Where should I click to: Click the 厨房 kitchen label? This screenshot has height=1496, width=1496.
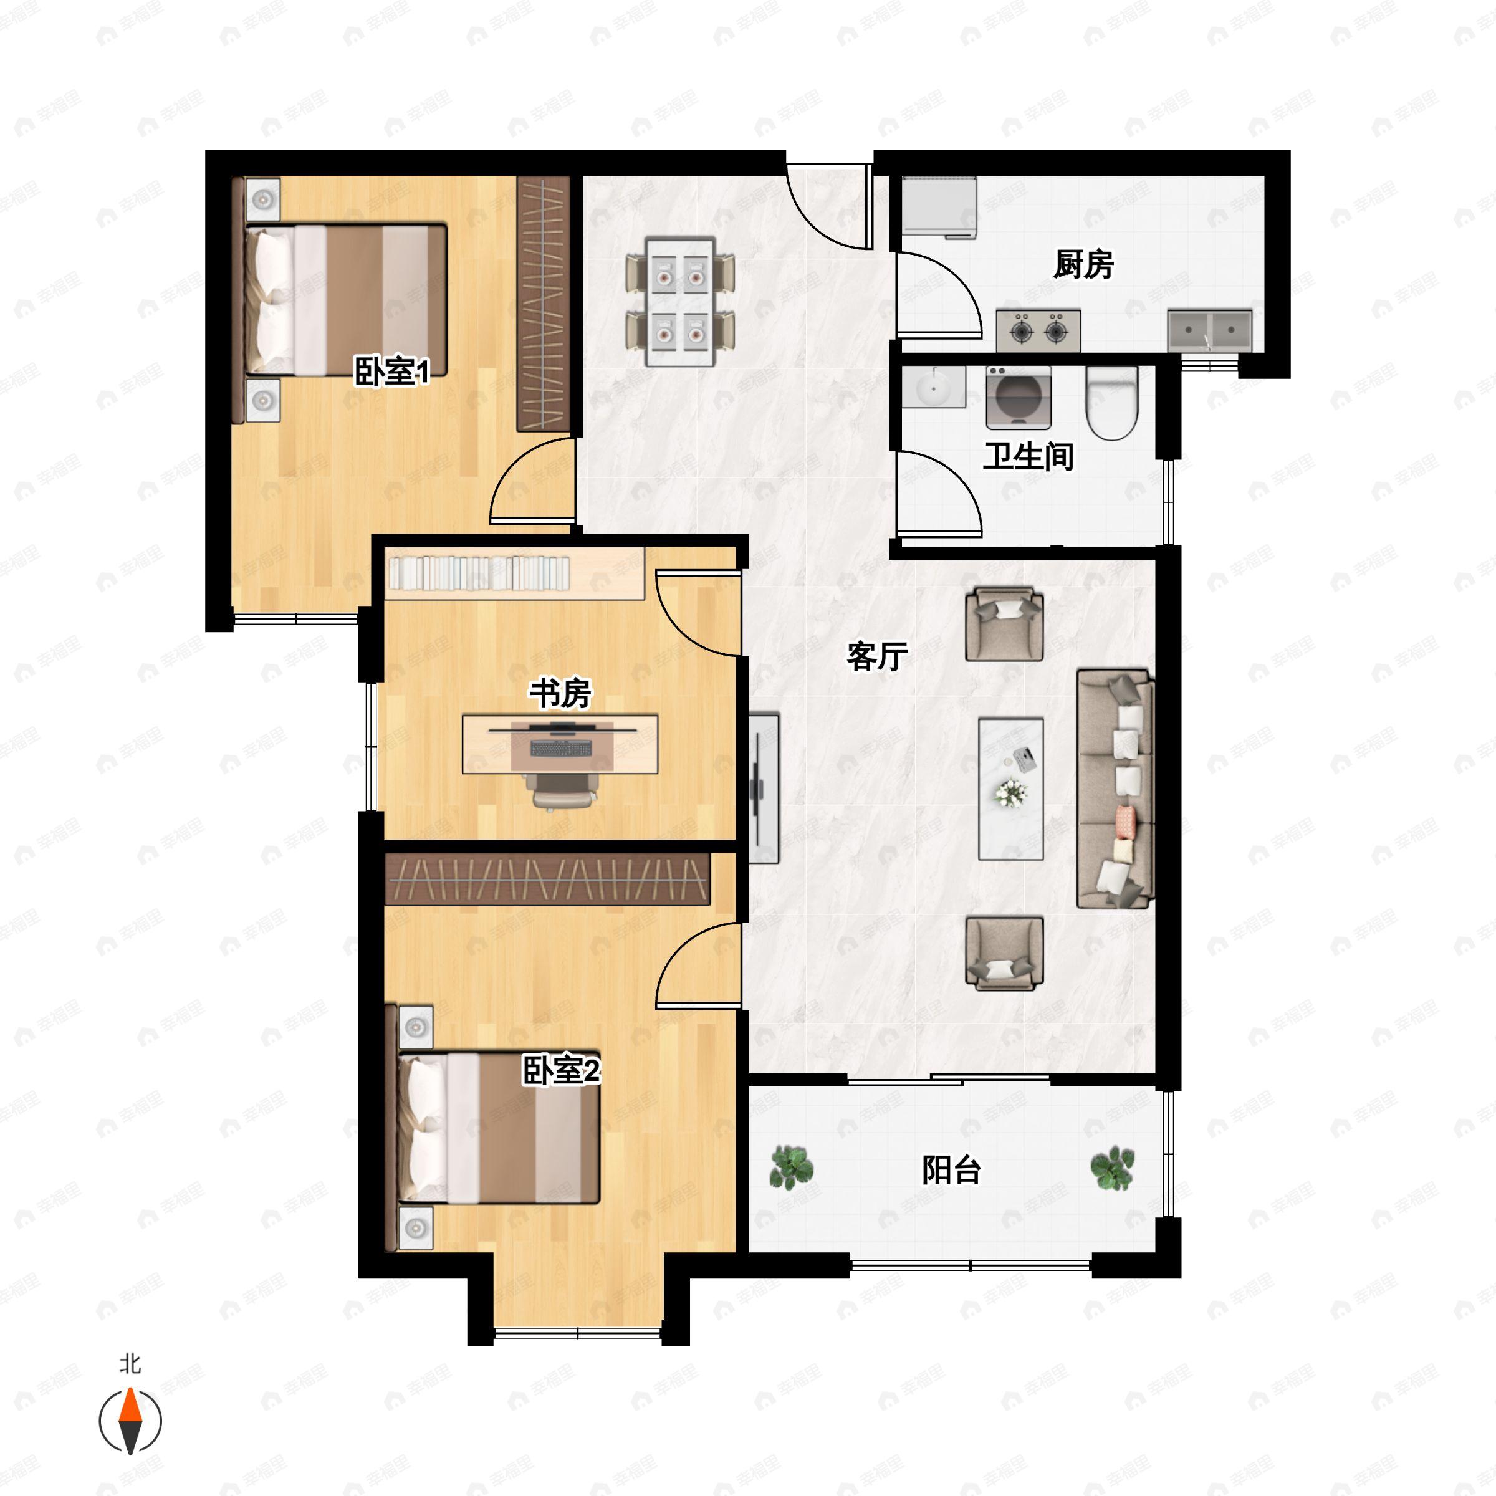[x=1083, y=265]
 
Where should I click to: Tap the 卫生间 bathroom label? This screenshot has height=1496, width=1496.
[x=1028, y=456]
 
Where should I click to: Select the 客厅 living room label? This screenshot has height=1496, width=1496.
[x=876, y=656]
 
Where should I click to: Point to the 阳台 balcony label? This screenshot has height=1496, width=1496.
[x=952, y=1169]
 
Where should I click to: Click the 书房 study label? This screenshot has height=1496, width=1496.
[x=560, y=693]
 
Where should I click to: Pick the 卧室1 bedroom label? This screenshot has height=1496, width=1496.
[x=392, y=372]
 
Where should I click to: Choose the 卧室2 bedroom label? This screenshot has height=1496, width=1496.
[x=562, y=1071]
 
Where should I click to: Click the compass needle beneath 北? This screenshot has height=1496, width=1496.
[x=130, y=1421]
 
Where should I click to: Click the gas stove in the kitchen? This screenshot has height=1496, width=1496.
[x=1038, y=330]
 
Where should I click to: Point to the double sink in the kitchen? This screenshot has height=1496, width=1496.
[x=1209, y=330]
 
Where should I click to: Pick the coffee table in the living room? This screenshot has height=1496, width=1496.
[x=1010, y=789]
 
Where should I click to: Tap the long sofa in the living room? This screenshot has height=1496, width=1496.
[x=1116, y=789]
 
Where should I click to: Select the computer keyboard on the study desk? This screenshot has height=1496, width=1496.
[x=560, y=748]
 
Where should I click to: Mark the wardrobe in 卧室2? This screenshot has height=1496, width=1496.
[x=547, y=878]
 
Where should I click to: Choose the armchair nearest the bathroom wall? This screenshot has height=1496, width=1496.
[x=1004, y=623]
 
